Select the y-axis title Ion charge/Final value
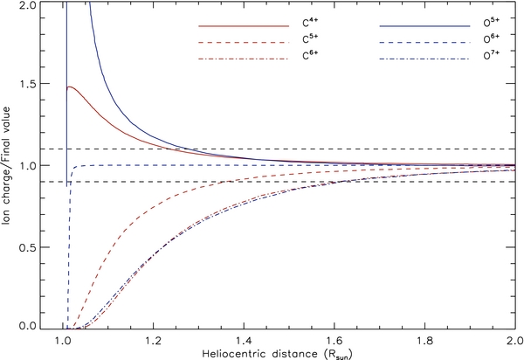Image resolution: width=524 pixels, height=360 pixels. pos(9,166)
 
